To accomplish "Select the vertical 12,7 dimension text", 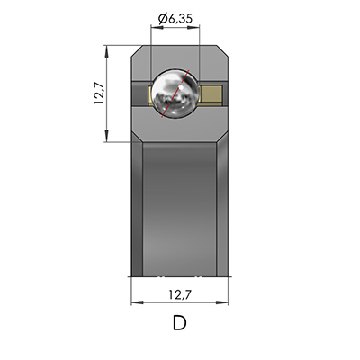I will click(x=100, y=93).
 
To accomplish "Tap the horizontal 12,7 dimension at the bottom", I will click(x=178, y=294).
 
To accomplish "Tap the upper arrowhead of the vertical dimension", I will click(x=108, y=49).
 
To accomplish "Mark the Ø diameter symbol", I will click(x=162, y=17).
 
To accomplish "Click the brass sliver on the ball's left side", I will click(x=151, y=94).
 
